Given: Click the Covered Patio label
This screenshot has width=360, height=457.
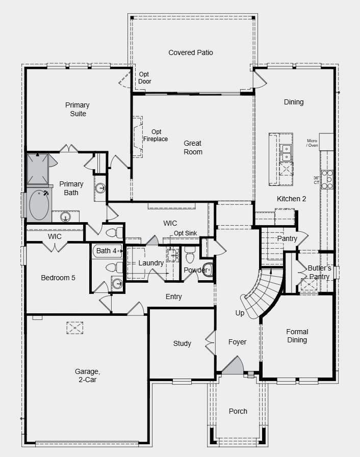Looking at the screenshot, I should click(x=191, y=52).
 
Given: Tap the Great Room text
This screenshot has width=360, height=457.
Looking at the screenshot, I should click(x=193, y=148).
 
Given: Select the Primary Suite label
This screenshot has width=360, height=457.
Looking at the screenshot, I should click(x=77, y=110).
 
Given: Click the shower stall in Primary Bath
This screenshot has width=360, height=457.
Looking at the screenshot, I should click(x=39, y=168).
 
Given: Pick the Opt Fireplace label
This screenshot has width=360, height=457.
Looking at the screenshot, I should click(x=156, y=136).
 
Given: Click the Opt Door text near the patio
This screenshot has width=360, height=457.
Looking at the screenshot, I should click(x=145, y=78).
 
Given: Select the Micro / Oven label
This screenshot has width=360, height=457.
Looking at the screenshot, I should click(x=312, y=143).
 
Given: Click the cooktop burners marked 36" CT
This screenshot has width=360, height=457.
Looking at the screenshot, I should click(x=327, y=179).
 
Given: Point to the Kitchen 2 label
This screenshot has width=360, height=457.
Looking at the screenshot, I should click(x=291, y=199).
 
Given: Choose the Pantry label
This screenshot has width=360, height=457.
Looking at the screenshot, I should click(x=287, y=238).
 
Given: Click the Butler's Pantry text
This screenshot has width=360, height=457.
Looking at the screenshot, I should click(x=319, y=273).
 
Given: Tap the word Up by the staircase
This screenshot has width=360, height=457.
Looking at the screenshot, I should click(x=239, y=313).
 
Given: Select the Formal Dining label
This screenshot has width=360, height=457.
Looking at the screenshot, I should click(x=297, y=336).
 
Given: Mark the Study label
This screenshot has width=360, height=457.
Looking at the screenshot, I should click(x=182, y=343).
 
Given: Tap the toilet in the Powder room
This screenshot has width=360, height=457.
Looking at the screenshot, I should click(x=207, y=270).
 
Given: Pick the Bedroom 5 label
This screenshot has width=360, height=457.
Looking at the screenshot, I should click(x=58, y=278).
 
